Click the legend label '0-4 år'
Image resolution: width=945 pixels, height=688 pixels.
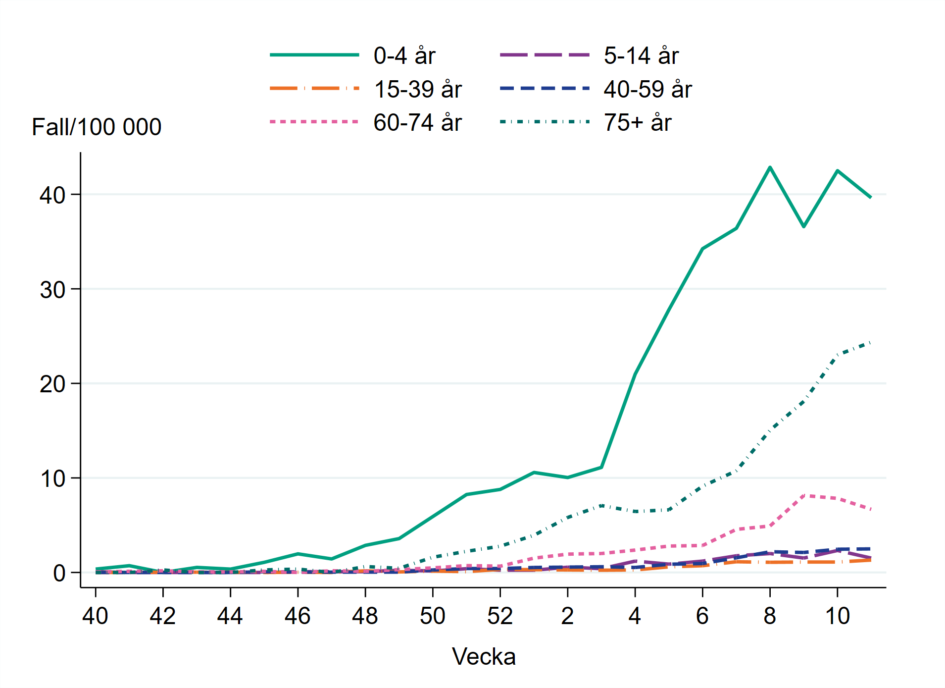(x=404, y=55)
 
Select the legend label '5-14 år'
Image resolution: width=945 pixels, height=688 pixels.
(x=641, y=55)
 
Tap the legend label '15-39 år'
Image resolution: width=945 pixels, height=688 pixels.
(x=418, y=89)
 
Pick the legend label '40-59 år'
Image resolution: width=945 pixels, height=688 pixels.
(x=647, y=89)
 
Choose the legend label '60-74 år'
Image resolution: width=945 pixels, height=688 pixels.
(x=417, y=122)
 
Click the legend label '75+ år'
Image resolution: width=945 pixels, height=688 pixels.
(x=638, y=122)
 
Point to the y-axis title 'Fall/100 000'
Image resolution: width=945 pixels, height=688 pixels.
(x=97, y=127)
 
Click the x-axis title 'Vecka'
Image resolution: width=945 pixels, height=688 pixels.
(x=484, y=657)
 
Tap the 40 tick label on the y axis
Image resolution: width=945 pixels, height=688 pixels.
(x=52, y=195)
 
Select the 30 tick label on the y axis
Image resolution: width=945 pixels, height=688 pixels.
(x=52, y=290)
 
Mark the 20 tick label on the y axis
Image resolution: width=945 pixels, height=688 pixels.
(x=52, y=384)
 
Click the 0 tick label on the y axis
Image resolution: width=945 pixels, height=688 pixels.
(x=59, y=573)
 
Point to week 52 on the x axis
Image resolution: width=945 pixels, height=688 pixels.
(x=500, y=616)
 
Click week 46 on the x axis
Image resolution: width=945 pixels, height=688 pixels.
(x=298, y=616)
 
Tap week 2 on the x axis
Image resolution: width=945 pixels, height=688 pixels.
(x=567, y=616)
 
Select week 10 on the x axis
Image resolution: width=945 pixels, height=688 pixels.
(x=837, y=616)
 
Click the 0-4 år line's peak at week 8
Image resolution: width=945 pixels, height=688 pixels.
(x=770, y=167)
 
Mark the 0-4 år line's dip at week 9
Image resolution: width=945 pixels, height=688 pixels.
(x=803, y=226)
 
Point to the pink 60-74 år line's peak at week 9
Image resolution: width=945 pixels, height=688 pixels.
(x=803, y=495)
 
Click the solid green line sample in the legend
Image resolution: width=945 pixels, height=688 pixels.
(x=314, y=55)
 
